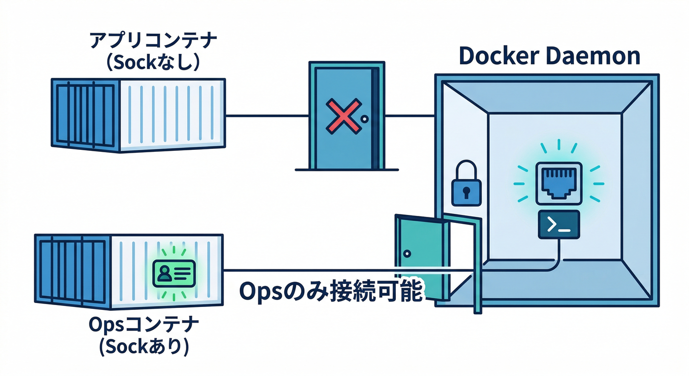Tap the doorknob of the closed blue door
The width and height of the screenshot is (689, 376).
pyautogui.click(x=364, y=119)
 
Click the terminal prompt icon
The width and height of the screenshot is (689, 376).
pyautogui.click(x=558, y=225)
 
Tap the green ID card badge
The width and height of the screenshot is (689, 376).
pyautogui.click(x=174, y=273)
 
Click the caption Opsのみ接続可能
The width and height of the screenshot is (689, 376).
pyautogui.click(x=330, y=291)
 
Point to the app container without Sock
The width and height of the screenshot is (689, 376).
pyautogui.click(x=138, y=115)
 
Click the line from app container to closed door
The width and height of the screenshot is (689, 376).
pyautogui.click(x=267, y=116)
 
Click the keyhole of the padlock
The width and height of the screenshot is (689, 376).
pyautogui.click(x=464, y=190)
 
